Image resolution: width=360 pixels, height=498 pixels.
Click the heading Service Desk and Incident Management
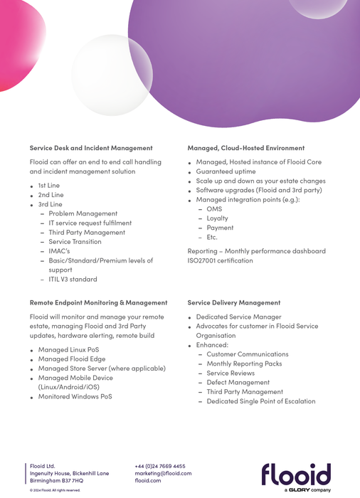point(91,148)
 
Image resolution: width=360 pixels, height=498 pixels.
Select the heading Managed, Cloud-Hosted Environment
point(245,148)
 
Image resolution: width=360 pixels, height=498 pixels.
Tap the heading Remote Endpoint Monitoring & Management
point(98,302)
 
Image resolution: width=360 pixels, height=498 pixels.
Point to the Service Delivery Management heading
point(234,302)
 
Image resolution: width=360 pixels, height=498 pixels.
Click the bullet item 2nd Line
point(51,195)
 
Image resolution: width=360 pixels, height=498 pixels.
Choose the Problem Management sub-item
point(83,213)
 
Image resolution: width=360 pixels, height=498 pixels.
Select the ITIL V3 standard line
point(73,280)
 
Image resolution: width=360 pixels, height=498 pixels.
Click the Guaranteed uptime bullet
point(226,171)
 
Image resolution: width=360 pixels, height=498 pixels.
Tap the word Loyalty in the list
point(217,218)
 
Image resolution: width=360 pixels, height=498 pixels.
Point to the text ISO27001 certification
point(220,260)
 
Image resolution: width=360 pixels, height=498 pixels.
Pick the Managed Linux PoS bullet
point(68,350)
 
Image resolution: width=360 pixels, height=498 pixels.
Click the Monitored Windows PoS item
point(75,397)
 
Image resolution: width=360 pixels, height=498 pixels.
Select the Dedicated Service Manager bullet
point(238,317)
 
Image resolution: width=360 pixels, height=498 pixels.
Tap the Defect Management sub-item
point(238,382)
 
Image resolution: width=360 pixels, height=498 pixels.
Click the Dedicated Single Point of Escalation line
point(260,401)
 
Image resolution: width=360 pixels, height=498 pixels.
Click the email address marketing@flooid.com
point(163,473)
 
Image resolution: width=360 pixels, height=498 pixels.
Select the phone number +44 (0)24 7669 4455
point(160,466)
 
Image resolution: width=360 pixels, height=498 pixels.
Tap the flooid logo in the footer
point(296,475)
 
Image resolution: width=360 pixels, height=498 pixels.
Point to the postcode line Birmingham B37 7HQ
point(56,481)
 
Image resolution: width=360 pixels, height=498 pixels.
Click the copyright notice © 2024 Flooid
point(55,490)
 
